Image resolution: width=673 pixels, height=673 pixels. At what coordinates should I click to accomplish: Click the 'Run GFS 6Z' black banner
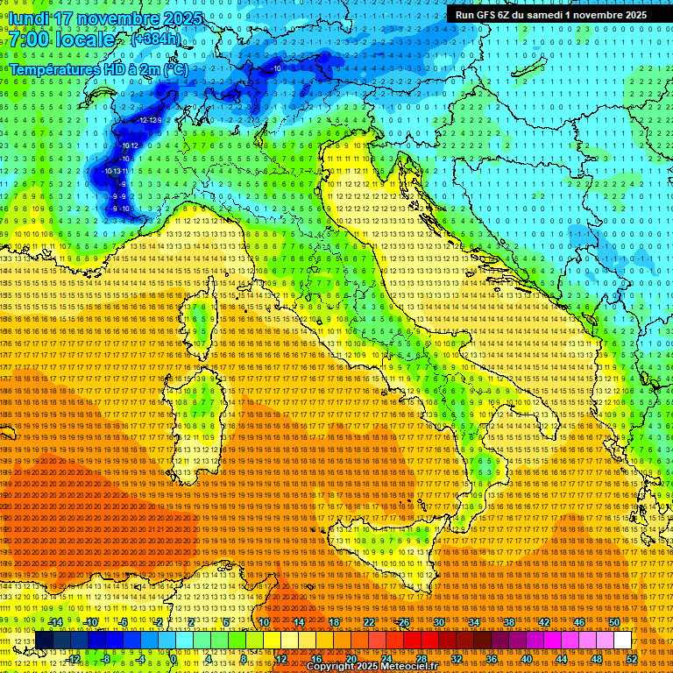[550, 14]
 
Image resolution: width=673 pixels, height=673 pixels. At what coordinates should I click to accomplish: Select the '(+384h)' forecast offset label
[156, 39]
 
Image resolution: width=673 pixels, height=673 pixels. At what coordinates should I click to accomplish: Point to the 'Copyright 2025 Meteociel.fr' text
[378, 667]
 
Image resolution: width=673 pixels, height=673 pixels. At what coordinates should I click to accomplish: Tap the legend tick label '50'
[614, 622]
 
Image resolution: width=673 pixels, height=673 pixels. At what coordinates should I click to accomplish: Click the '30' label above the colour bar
[438, 622]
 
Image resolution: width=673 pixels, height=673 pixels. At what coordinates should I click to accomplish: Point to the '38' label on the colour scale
[508, 622]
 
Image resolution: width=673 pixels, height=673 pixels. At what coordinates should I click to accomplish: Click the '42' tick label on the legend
[543, 622]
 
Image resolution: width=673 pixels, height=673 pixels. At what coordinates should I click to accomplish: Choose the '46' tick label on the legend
[578, 622]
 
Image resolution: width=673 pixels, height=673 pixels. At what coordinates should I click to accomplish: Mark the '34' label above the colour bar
[473, 622]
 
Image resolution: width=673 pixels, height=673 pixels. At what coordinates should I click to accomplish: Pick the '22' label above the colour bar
[368, 622]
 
